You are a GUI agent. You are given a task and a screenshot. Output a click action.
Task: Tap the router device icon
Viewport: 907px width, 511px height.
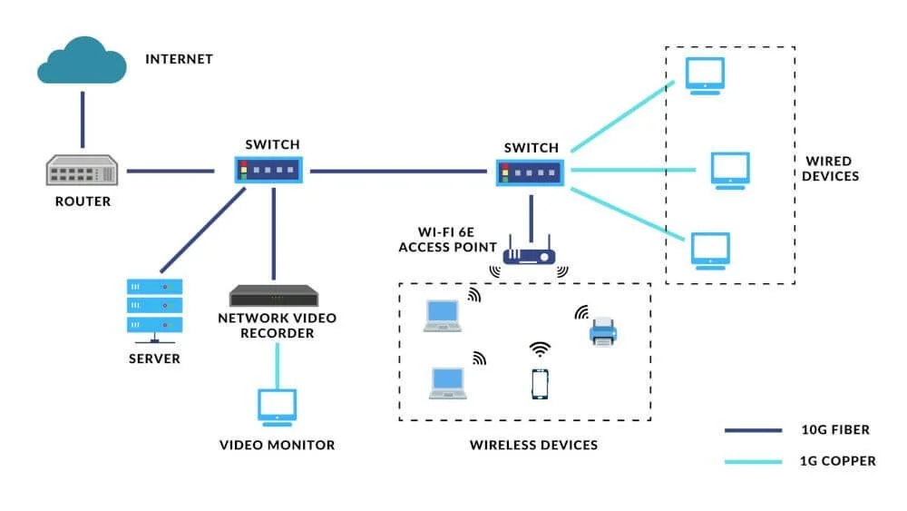83,170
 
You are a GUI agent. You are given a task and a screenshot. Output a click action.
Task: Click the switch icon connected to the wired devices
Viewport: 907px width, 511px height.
531,170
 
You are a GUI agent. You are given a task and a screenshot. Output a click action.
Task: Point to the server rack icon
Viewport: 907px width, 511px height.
154,307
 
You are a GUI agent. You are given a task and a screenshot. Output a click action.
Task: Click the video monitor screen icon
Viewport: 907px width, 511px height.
277,406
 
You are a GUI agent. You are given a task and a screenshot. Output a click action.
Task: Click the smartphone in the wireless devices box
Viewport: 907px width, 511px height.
541,383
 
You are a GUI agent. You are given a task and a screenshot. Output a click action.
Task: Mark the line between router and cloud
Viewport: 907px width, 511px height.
82,119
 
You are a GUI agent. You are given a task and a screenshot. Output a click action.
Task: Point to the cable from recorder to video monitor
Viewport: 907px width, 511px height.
277,365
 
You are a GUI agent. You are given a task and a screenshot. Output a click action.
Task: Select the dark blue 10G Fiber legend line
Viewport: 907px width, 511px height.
753,430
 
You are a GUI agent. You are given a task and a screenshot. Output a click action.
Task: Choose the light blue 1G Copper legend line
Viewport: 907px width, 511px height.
753,461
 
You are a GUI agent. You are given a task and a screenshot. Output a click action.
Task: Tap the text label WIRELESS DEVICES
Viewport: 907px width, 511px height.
533,445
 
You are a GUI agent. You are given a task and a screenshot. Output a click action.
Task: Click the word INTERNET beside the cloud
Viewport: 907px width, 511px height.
179,59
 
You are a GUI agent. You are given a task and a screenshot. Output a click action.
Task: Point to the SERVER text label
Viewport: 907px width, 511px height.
154,359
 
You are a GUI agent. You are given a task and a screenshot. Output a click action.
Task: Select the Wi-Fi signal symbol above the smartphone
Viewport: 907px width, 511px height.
541,349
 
